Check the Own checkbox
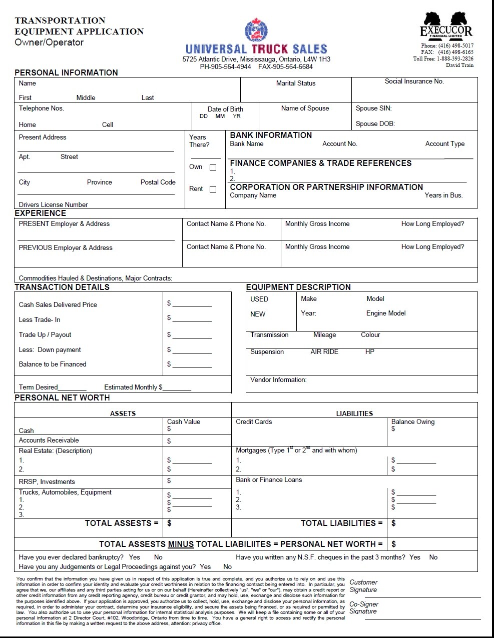pyautogui.click(x=213, y=167)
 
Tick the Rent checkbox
pyautogui.click(x=213, y=189)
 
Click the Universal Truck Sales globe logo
pyautogui.click(x=256, y=30)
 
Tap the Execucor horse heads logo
pyautogui.click(x=445, y=20)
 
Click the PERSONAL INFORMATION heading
pyautogui.click(x=66, y=72)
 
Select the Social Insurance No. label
pyautogui.click(x=414, y=81)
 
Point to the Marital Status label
pyautogui.click(x=296, y=83)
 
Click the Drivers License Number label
pyautogui.click(x=53, y=204)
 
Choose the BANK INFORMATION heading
pyautogui.click(x=271, y=135)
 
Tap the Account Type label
pyautogui.click(x=444, y=143)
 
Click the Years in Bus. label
pyautogui.click(x=443, y=195)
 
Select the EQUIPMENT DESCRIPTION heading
pyautogui.click(x=298, y=287)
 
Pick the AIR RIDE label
pyautogui.click(x=324, y=351)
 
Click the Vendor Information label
pyautogui.click(x=278, y=379)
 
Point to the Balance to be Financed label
pyautogui.click(x=53, y=364)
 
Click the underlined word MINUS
pyautogui.click(x=181, y=544)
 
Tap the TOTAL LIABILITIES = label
pyautogui.click(x=341, y=523)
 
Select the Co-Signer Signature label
pyautogui.click(x=364, y=607)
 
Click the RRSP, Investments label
pyautogui.click(x=47, y=481)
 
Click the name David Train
pyautogui.click(x=459, y=65)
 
